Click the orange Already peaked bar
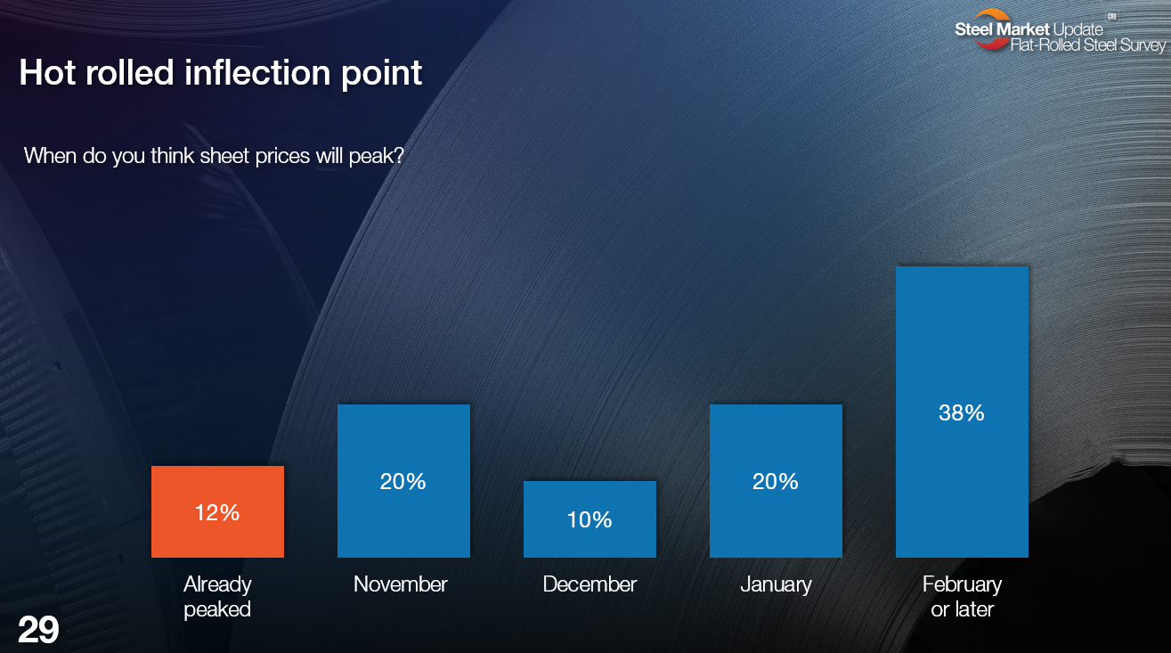pyautogui.click(x=217, y=511)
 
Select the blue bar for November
pyautogui.click(x=403, y=480)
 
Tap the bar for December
pyautogui.click(x=590, y=519)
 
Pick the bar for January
pyautogui.click(x=776, y=480)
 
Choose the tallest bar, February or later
pyautogui.click(x=962, y=412)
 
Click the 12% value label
pyautogui.click(x=217, y=513)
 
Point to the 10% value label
pyautogui.click(x=590, y=519)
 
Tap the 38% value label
pyautogui.click(x=962, y=412)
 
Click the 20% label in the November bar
pyautogui.click(x=403, y=482)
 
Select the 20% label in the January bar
pyautogui.click(x=776, y=482)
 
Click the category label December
pyautogui.click(x=590, y=584)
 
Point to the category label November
pyautogui.click(x=401, y=584)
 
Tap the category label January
pyautogui.click(x=776, y=585)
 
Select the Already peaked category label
pyautogui.click(x=217, y=597)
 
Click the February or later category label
pyautogui.click(x=962, y=597)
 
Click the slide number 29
pyautogui.click(x=38, y=630)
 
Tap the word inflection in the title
pyautogui.click(x=257, y=72)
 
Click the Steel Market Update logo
pyautogui.click(x=1059, y=30)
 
